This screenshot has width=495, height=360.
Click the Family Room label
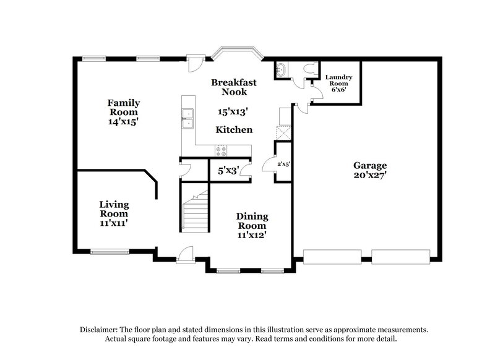124,107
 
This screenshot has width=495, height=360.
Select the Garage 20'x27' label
370,165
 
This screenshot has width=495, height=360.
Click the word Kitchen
234,130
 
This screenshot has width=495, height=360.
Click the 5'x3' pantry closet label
228,170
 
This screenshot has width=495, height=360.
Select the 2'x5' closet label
284,163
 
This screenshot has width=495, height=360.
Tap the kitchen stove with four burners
221,149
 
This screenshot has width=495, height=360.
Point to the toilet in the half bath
310,70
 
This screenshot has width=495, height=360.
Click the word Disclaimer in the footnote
100,330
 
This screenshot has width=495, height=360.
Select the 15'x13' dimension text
233,112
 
